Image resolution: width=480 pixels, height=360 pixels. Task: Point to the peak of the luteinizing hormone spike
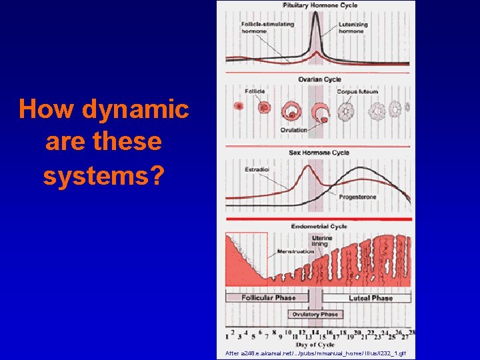(x=315, y=15)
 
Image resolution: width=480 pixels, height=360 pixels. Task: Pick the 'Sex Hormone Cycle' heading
(x=319, y=153)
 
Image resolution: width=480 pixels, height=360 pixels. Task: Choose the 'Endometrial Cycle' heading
(x=319, y=227)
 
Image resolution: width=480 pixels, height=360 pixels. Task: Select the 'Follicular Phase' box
(x=268, y=298)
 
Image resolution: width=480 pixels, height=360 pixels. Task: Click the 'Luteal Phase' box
(x=370, y=298)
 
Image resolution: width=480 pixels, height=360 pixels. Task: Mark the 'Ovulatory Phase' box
(x=315, y=314)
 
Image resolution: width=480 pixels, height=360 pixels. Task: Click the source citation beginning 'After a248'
(x=315, y=353)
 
